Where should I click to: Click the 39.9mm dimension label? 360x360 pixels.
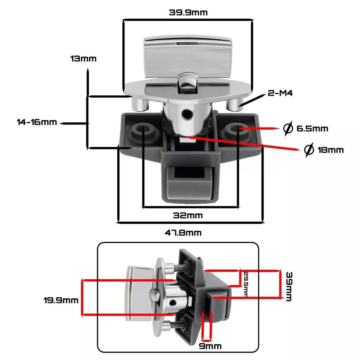pos(188,12)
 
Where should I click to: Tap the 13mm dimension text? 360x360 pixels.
pos(83,59)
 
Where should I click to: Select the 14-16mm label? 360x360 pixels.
pos(37,122)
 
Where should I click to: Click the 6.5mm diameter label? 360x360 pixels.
pos(312,129)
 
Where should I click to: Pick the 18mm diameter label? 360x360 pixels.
pos(330,150)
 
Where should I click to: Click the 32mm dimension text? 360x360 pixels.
pos(187,216)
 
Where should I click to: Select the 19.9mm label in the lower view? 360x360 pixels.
pos(61,300)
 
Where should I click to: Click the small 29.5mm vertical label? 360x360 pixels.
pos(245,284)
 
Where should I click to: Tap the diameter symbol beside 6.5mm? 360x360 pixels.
pos(288,129)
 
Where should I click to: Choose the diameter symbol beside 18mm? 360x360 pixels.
pos(309,150)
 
